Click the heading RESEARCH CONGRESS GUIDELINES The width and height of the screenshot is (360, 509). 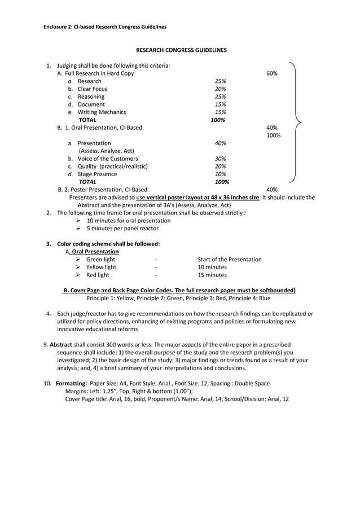point(181,50)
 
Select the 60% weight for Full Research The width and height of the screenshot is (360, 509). point(271,73)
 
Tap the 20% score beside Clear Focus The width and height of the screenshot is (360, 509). point(220,89)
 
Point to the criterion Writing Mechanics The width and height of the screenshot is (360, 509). point(102,112)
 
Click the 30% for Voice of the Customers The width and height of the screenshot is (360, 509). point(220,159)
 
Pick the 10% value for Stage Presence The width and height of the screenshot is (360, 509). point(220,174)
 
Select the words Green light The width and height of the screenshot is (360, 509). point(100,260)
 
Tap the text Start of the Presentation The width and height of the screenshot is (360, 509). point(230,260)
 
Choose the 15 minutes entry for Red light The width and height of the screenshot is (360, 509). point(212,275)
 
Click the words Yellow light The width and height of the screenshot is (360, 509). point(101,267)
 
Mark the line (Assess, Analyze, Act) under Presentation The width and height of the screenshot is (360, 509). point(106,151)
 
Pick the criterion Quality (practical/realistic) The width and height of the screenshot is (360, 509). point(112,166)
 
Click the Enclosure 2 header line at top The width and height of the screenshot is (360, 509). point(105,27)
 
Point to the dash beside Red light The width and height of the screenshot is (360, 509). point(156,275)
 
